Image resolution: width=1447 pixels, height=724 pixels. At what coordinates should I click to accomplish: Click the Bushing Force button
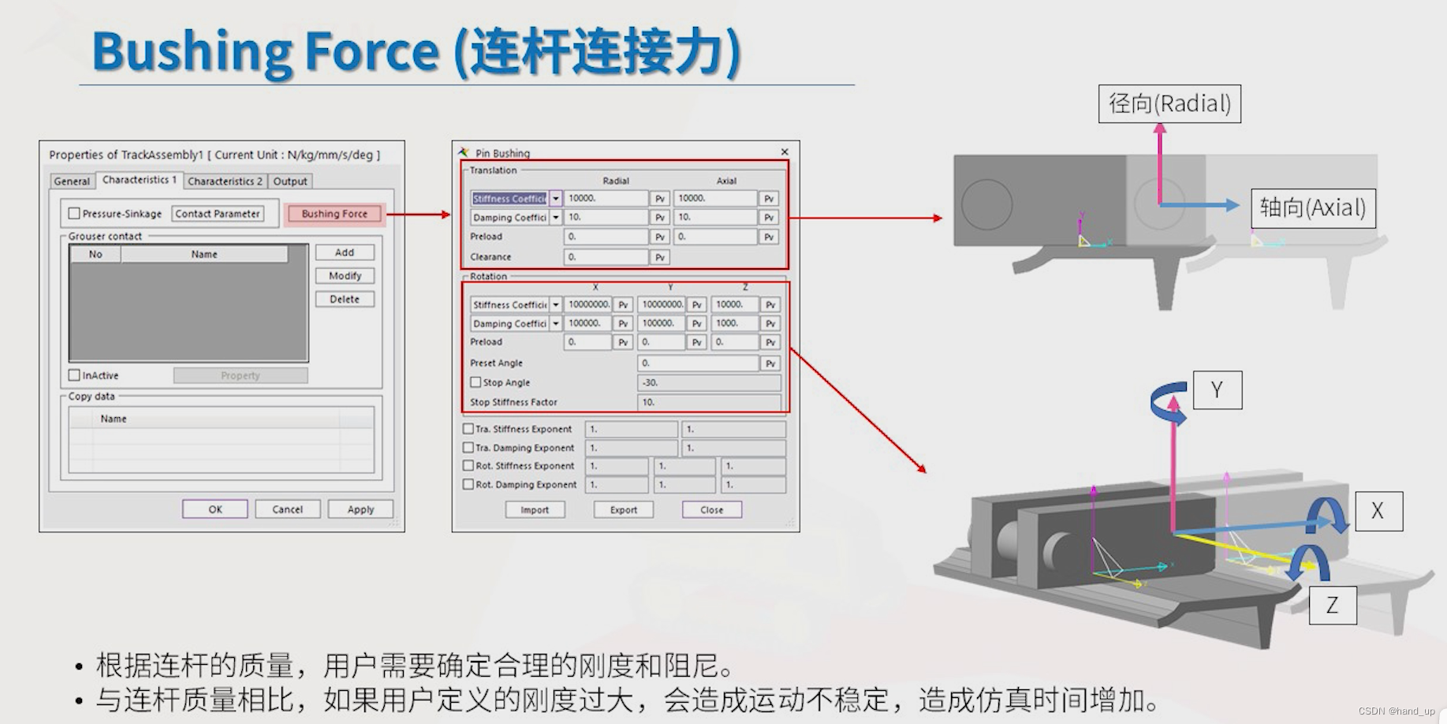tap(334, 214)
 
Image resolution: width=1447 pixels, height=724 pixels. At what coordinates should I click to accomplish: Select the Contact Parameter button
tap(217, 214)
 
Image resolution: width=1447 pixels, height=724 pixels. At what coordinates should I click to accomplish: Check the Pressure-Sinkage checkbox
tap(74, 214)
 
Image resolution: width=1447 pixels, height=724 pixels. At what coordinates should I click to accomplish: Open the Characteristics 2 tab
tap(225, 181)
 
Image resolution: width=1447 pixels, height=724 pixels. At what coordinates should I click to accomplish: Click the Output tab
tap(290, 181)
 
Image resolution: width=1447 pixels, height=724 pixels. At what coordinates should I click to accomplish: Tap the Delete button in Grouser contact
tap(345, 300)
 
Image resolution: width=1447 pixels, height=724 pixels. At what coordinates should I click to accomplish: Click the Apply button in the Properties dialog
tap(360, 509)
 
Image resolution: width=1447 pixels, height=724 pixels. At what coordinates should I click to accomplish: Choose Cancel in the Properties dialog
tap(287, 509)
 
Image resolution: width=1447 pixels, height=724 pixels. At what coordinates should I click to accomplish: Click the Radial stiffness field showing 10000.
tap(606, 199)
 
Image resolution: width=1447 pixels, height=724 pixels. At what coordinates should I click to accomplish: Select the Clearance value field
tap(606, 257)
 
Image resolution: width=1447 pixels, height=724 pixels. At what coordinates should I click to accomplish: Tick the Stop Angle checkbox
tap(475, 383)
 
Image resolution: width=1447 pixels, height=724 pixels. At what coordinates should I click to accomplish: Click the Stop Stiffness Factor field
tap(708, 402)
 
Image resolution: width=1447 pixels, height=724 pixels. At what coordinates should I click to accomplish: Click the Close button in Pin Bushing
tap(711, 510)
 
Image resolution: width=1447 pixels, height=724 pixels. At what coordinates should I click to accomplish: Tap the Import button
tap(535, 510)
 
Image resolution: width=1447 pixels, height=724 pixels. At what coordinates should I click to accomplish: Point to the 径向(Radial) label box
tap(1169, 104)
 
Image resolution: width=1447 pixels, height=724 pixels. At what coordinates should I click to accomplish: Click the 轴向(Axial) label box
tap(1313, 208)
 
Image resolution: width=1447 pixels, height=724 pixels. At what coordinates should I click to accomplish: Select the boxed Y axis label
tap(1217, 390)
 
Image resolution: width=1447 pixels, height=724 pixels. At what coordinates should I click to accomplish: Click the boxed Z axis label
tap(1332, 606)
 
